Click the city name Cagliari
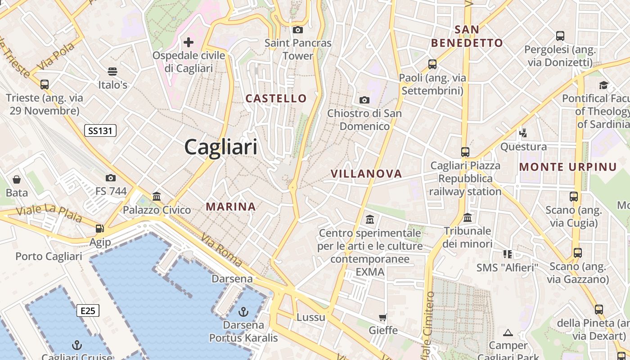click(220, 147)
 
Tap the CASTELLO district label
click(276, 98)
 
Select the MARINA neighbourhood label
click(231, 207)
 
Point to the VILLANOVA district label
click(366, 174)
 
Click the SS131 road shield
click(100, 131)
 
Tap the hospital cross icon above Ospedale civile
click(189, 42)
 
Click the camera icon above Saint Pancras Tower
click(297, 30)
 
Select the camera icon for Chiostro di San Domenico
click(364, 100)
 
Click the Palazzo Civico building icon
click(157, 196)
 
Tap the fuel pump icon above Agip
click(99, 229)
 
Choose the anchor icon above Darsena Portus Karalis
click(243, 311)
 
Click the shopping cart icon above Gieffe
click(383, 318)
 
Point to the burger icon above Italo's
click(112, 72)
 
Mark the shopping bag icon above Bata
click(17, 180)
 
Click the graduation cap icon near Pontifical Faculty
click(603, 85)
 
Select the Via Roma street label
click(221, 250)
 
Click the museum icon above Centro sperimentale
click(370, 220)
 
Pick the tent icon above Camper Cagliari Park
click(508, 333)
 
